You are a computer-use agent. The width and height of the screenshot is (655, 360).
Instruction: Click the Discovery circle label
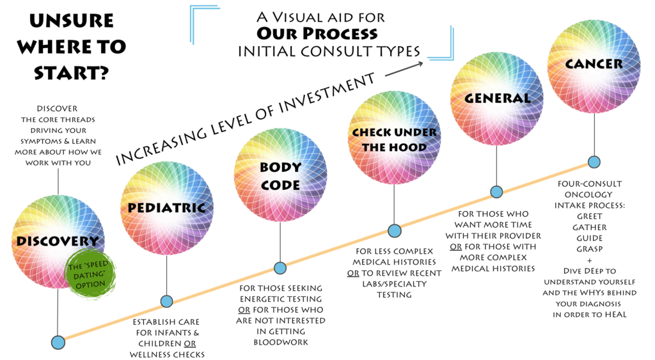[x=57, y=241]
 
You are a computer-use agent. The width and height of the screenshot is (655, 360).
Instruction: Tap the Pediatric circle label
[x=167, y=208]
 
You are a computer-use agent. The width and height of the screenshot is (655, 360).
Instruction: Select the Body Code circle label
[x=280, y=176]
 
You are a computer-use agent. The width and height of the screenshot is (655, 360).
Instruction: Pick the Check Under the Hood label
[x=394, y=140]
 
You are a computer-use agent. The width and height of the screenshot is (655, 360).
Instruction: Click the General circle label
[x=497, y=98]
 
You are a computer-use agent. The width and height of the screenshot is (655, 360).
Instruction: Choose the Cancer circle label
[x=594, y=64]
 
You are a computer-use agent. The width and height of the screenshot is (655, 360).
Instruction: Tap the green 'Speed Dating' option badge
[x=90, y=274]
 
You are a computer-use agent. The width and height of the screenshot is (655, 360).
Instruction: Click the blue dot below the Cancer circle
[x=594, y=162]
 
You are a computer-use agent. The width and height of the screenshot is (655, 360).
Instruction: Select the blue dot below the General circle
[x=496, y=192]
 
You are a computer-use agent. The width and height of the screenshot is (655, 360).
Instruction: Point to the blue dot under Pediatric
[x=167, y=301]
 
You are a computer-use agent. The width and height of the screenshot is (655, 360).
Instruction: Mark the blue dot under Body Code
[x=280, y=268]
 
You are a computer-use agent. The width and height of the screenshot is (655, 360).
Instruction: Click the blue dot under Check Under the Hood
[x=394, y=231]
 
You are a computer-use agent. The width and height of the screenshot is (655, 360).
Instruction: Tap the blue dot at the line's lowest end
[x=58, y=343]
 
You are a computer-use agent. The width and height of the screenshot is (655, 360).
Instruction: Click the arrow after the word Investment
[x=404, y=69]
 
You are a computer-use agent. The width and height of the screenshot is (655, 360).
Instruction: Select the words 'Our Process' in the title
[x=317, y=33]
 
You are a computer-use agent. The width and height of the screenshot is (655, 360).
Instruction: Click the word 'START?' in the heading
[x=72, y=73]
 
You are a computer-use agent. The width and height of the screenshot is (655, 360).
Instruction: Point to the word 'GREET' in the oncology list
[x=589, y=216]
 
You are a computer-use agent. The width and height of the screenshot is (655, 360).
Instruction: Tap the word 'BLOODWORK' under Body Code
[x=281, y=343]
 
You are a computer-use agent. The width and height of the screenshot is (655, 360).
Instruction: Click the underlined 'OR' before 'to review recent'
[x=353, y=273]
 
